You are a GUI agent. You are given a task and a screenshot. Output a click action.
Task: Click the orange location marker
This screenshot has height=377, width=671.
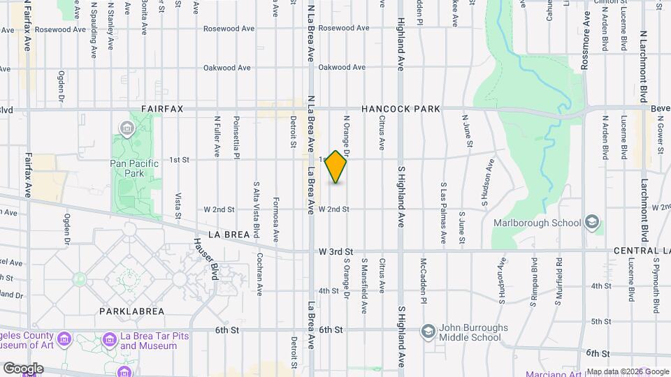(x=336, y=166)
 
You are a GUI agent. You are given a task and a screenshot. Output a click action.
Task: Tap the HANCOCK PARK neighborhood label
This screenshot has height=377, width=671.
(x=401, y=109)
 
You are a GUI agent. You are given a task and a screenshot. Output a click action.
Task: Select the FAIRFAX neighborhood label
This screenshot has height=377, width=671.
(x=161, y=109)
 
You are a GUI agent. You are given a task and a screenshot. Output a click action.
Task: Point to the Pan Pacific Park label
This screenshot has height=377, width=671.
(x=127, y=167)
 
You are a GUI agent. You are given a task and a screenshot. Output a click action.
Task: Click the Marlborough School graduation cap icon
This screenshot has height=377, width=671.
(x=591, y=223)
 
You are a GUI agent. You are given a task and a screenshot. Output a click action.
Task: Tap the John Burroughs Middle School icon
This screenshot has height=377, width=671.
(x=428, y=330)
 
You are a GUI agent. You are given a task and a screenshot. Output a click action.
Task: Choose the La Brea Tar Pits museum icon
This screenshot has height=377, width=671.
(x=109, y=340)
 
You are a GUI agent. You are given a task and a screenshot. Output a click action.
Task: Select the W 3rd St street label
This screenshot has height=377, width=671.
(x=336, y=251)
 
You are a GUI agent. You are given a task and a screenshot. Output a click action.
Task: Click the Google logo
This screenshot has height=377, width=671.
(x=23, y=369)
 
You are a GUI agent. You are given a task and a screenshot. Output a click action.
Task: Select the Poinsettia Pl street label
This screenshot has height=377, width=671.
(x=236, y=137)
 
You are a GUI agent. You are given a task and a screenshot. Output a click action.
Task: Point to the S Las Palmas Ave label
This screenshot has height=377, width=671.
(x=442, y=213)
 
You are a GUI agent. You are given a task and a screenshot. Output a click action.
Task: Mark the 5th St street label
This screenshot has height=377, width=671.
(x=600, y=321)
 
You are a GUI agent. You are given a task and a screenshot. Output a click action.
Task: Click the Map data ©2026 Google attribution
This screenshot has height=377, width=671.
(x=628, y=371)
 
